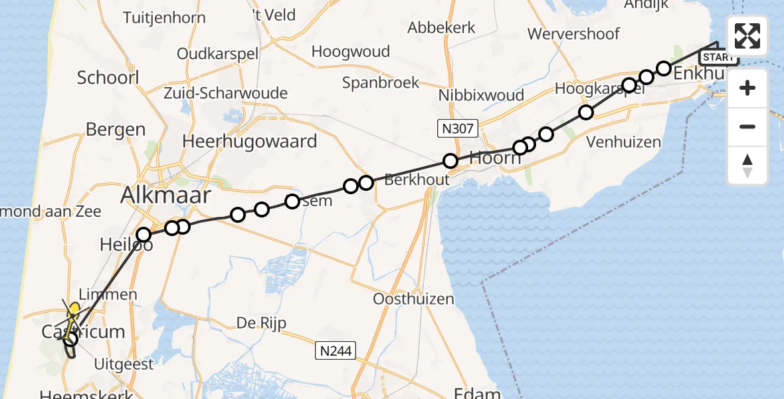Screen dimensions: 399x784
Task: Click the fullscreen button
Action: [747, 37]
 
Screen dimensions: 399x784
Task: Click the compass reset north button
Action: [747, 166]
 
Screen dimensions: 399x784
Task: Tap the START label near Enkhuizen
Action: [718, 57]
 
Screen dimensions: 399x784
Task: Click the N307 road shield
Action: [458, 128]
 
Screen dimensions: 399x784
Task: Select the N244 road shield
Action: [336, 350]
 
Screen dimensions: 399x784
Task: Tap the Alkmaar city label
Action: [165, 196]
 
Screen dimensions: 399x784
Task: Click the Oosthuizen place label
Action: [413, 299]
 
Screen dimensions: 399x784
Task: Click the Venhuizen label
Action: [624, 142]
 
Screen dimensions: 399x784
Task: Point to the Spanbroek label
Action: [381, 82]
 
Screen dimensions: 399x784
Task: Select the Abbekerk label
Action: [442, 28]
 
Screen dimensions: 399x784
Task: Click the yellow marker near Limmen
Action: [75, 309]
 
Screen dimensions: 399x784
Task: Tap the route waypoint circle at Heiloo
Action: [144, 235]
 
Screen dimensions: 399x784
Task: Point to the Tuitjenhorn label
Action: [164, 18]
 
